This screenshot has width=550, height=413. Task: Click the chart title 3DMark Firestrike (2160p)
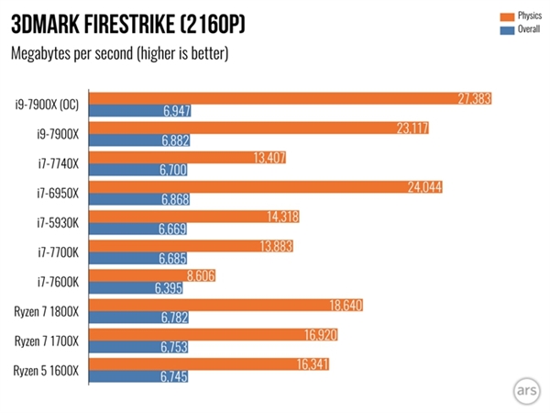pos(127,22)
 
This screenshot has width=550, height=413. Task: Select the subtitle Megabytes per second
pos(119,52)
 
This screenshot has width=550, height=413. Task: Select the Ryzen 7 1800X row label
pos(45,311)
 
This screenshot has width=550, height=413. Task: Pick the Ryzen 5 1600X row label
pos(45,371)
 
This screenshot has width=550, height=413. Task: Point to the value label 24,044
pos(426,186)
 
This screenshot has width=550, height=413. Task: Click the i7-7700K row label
pos(57,251)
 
